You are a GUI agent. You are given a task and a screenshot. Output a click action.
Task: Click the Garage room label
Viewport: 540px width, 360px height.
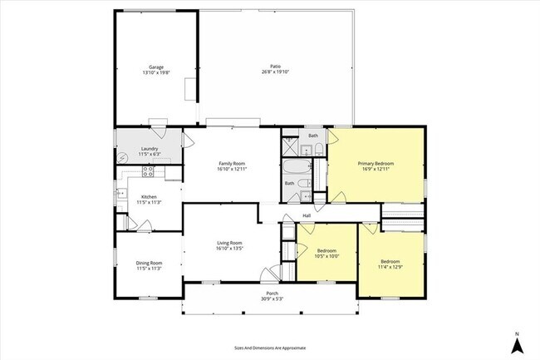point(155,67)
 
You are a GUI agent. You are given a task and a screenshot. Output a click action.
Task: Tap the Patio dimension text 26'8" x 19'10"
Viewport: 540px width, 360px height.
point(274,72)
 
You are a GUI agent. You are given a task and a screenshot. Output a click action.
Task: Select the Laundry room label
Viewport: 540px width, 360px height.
point(149,149)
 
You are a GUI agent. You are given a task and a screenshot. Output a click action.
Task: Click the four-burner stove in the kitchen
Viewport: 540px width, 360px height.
point(148,172)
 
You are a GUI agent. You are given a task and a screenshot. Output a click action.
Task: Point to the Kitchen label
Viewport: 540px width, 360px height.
point(149,196)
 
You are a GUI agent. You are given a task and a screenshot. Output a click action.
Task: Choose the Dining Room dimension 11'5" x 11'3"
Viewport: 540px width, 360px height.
point(148,269)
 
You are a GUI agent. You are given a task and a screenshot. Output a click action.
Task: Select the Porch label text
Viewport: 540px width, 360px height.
point(272,293)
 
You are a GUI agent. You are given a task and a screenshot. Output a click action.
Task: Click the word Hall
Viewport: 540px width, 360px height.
point(307,215)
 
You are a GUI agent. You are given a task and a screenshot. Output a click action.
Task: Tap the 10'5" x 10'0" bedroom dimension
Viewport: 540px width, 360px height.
point(327,256)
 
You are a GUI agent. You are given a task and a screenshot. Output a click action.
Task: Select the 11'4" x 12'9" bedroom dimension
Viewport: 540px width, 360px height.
point(390,267)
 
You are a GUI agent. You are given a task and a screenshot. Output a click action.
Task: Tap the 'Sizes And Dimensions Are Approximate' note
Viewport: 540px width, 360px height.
point(270,348)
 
